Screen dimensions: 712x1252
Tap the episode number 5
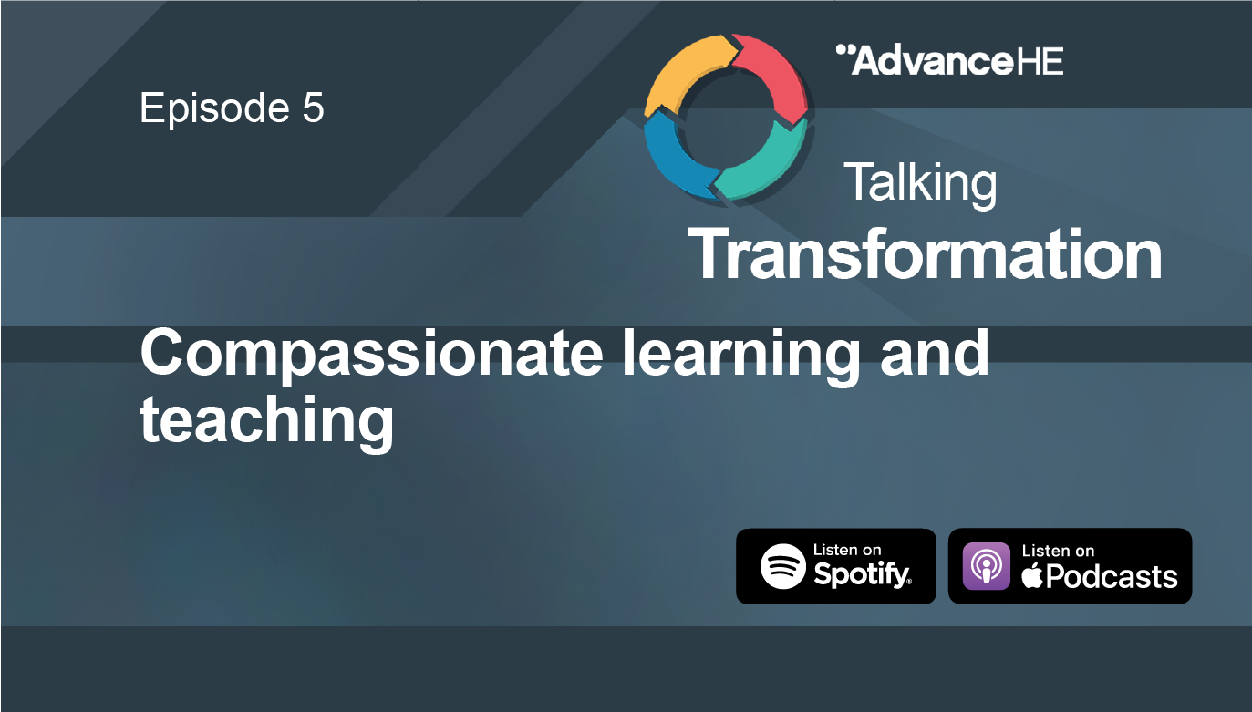[312, 108]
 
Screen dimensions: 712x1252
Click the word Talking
[920, 182]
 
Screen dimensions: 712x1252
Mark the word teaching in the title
[266, 420]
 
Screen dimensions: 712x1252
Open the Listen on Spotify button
[836, 566]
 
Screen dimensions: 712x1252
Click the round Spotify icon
[783, 566]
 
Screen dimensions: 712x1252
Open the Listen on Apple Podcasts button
[1070, 566]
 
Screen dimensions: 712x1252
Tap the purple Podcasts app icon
[987, 566]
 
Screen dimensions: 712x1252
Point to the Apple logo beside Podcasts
[1032, 576]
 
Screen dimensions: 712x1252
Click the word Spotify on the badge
[861, 575]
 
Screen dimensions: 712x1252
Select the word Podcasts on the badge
[1112, 577]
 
